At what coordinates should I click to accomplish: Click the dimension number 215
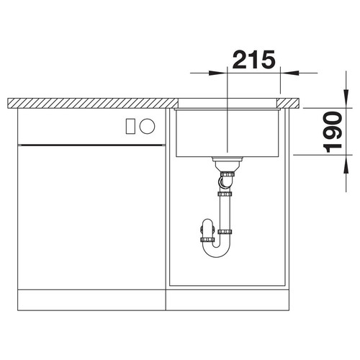pos(253,59)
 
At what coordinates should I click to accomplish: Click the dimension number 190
pos(333,132)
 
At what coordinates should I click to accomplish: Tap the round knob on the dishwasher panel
pos(148,126)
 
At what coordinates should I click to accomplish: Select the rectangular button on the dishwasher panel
pos(130,126)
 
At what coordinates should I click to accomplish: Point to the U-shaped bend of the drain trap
pos(216,250)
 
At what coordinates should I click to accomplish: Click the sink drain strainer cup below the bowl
pos(228,163)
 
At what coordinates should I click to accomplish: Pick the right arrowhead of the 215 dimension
pos(289,73)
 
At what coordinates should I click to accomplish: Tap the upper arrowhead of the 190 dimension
pos(346,99)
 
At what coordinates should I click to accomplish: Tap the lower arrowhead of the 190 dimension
pos(346,164)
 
